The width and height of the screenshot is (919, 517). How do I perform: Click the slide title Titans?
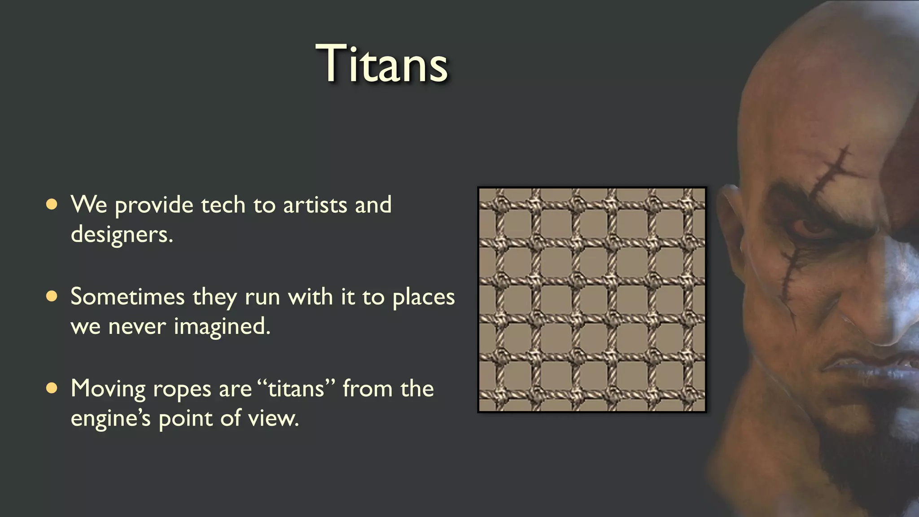(x=382, y=64)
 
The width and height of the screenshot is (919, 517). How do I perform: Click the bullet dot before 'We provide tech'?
(x=52, y=205)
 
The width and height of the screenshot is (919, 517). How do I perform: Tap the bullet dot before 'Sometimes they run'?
(x=52, y=297)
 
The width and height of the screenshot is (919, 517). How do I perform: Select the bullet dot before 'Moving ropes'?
(x=52, y=388)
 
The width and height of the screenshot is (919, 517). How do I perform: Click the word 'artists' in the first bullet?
(x=315, y=205)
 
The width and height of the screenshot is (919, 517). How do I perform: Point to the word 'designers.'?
(x=122, y=234)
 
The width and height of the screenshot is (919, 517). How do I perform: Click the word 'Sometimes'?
(x=128, y=297)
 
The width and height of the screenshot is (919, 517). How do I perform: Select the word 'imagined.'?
(x=222, y=327)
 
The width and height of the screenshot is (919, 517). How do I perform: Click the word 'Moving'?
(x=108, y=389)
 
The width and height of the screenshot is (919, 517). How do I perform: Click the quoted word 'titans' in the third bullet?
(x=296, y=389)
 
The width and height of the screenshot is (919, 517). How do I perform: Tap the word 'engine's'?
(x=110, y=419)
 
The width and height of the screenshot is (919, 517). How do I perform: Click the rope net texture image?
(x=592, y=299)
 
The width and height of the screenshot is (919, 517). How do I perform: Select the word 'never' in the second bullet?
(x=137, y=326)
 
